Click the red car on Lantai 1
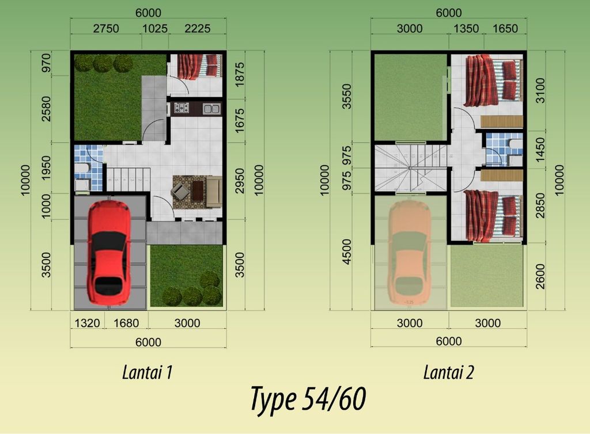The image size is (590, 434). pyautogui.click(x=109, y=252)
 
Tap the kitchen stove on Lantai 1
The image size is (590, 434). pyautogui.click(x=181, y=108)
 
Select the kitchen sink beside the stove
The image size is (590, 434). pyautogui.click(x=211, y=109)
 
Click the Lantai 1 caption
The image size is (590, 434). pyautogui.click(x=147, y=372)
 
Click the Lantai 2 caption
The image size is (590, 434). pyautogui.click(x=448, y=372)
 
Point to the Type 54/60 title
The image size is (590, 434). pyautogui.click(x=308, y=399)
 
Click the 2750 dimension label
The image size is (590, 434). pyautogui.click(x=106, y=29)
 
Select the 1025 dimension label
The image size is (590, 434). pyautogui.click(x=154, y=29)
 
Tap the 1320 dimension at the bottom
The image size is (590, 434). pyautogui.click(x=88, y=323)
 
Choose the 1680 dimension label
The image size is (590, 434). pyautogui.click(x=126, y=323)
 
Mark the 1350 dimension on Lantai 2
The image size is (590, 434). pyautogui.click(x=466, y=29)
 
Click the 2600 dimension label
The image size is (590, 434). pyautogui.click(x=540, y=276)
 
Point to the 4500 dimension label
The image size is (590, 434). pyautogui.click(x=346, y=252)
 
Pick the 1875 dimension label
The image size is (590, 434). pyautogui.click(x=239, y=75)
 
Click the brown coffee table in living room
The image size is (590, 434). pyautogui.click(x=198, y=191)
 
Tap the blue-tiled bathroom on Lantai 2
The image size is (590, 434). pyautogui.click(x=504, y=149)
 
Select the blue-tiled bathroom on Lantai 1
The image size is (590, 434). pyautogui.click(x=88, y=167)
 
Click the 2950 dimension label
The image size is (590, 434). pyautogui.click(x=239, y=181)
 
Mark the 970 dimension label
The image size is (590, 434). pyautogui.click(x=46, y=63)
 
